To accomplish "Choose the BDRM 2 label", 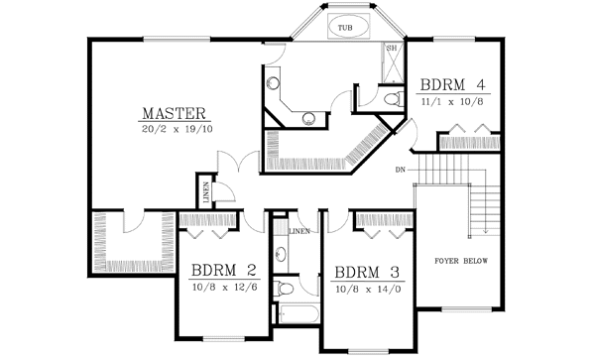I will (x=225, y=270).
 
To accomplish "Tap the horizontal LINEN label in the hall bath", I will (x=299, y=231).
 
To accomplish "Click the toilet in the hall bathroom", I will (x=285, y=289).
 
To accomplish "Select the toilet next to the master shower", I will (x=393, y=97).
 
